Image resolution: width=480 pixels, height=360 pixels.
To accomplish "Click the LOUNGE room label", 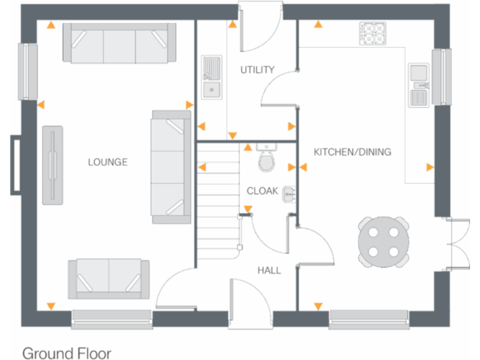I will (x=107, y=162).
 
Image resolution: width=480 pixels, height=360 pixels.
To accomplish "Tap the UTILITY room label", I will (x=257, y=70).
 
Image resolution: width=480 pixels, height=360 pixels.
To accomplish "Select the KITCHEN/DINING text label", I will (x=352, y=152).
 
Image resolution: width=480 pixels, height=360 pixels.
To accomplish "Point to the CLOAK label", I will (x=262, y=191).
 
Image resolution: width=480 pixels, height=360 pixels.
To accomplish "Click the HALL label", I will (x=269, y=271).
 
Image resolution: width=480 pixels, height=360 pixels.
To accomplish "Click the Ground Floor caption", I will (x=66, y=353).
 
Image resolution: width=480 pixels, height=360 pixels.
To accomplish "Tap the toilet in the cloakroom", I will (x=267, y=160).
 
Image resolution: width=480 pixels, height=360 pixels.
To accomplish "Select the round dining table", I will (x=384, y=241).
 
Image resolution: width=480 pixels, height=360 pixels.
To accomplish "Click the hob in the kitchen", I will (x=372, y=33).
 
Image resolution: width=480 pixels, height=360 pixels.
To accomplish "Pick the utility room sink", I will (x=211, y=77).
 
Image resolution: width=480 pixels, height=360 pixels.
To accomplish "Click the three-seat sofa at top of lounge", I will (x=119, y=42).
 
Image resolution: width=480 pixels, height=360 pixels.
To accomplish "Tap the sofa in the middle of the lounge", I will (x=170, y=167).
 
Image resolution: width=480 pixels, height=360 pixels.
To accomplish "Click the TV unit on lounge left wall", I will (x=52, y=164).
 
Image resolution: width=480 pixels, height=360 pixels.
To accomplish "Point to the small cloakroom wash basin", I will (x=289, y=193).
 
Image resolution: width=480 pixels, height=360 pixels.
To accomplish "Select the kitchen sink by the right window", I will (x=417, y=85).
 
